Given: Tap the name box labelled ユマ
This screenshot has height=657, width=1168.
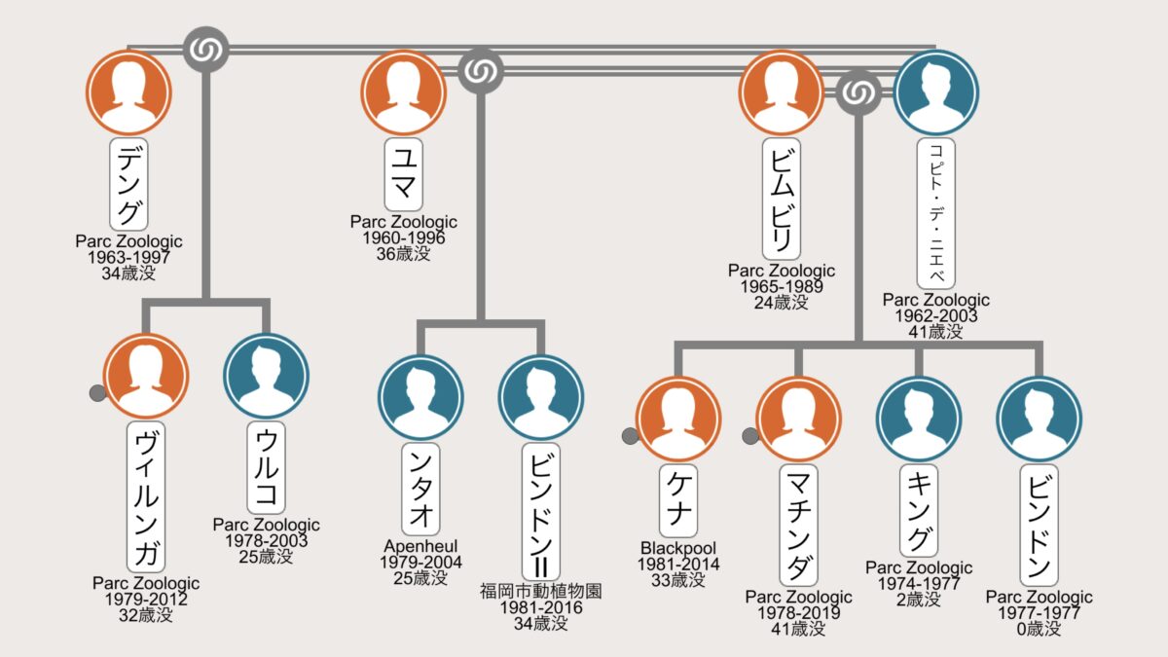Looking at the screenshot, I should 403,175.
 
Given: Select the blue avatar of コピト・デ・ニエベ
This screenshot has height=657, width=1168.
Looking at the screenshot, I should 935,92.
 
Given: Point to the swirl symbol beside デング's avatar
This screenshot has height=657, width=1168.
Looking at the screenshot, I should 206,49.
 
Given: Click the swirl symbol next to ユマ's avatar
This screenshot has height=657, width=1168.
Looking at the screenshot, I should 479,70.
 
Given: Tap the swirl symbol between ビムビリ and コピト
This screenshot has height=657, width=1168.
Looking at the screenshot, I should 858,92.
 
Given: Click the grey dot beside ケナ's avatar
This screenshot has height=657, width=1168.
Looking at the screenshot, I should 631,437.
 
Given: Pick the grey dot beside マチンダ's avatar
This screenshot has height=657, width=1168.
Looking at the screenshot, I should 750,437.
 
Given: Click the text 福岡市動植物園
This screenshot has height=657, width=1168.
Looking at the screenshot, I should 541,591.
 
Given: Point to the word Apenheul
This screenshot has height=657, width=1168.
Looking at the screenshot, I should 421,547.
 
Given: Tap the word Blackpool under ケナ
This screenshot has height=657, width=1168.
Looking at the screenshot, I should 678,547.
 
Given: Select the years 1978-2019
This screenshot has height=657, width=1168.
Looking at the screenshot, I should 799,613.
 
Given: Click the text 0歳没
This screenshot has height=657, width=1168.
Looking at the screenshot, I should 1039,629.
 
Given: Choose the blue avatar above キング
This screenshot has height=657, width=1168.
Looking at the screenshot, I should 919,420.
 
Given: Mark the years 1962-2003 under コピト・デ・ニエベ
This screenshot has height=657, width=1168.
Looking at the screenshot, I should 935,315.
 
